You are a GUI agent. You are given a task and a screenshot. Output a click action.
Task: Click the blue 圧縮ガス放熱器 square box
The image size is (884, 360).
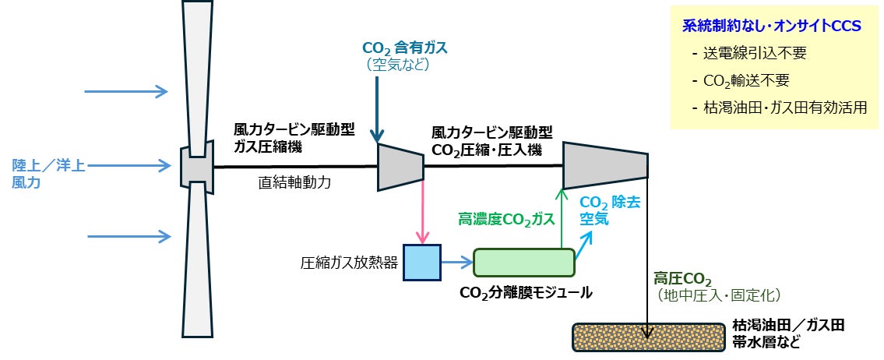pos(422,263)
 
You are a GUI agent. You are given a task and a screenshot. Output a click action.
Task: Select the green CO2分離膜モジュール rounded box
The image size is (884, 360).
pos(523,263)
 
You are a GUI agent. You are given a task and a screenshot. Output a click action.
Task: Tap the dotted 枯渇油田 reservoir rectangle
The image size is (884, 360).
pos(648,337)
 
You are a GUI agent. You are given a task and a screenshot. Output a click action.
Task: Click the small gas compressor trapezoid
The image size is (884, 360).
pos(400,167)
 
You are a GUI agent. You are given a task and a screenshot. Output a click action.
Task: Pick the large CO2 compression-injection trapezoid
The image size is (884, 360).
pos(605,166)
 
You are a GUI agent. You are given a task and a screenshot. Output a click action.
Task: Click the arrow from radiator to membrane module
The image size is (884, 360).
pos(457,262)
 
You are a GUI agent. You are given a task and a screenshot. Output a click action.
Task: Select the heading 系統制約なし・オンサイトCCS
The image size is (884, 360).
pos(772,26)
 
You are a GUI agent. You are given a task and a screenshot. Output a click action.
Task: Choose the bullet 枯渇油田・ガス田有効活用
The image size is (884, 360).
pos(780,108)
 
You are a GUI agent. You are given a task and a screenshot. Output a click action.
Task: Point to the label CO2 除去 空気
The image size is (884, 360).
pos(611,210)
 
